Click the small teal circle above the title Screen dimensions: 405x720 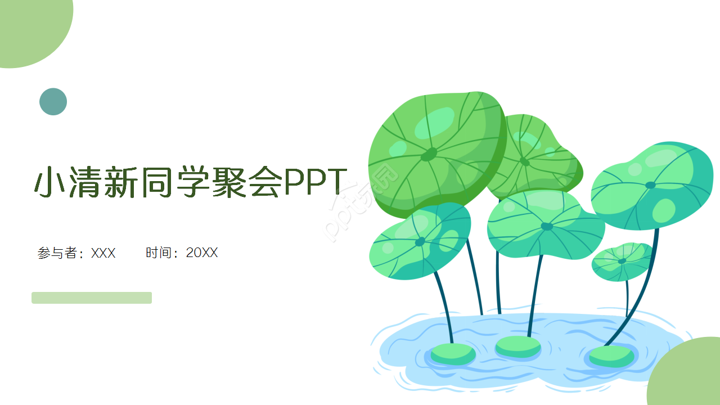click(53, 102)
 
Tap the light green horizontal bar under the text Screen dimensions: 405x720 click(92, 298)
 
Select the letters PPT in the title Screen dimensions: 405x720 click(314, 182)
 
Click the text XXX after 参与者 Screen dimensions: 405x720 click(103, 253)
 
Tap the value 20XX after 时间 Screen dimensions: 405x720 click(202, 253)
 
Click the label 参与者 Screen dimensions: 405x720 click(57, 253)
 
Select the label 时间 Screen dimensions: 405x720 click(158, 253)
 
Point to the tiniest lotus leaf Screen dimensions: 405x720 click(622, 262)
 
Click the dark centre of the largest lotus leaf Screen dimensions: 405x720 click(429, 154)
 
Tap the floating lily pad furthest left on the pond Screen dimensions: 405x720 click(453, 353)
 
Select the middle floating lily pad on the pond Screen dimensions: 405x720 click(518, 345)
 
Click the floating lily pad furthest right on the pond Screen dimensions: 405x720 click(611, 355)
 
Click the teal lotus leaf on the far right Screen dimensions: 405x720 click(652, 186)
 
